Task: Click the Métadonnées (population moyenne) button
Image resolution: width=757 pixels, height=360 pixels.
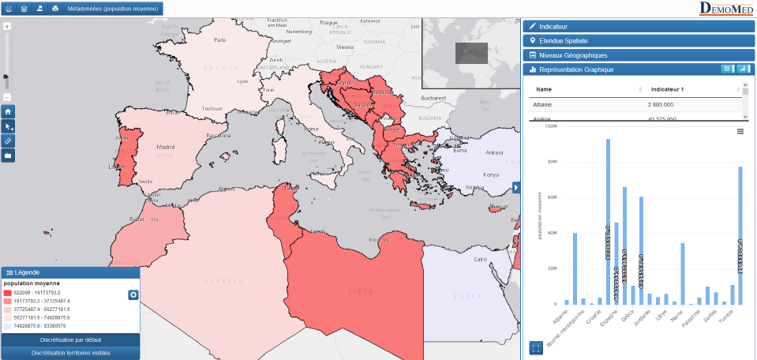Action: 113,9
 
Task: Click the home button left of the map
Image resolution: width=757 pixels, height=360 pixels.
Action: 8,112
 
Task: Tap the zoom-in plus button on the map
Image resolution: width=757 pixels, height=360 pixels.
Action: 7,27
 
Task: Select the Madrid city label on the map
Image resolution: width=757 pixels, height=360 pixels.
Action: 165,147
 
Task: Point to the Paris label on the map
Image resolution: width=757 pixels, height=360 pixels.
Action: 220,39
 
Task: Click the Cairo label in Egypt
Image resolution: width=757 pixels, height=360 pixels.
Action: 480,259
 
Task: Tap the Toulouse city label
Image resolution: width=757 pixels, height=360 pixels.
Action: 212,108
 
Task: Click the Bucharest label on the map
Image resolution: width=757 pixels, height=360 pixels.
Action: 434,98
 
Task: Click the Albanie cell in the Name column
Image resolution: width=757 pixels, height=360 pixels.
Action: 543,104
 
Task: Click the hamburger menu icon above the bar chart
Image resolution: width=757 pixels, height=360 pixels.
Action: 740,131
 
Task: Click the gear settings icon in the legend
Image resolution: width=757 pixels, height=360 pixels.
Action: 133,295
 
